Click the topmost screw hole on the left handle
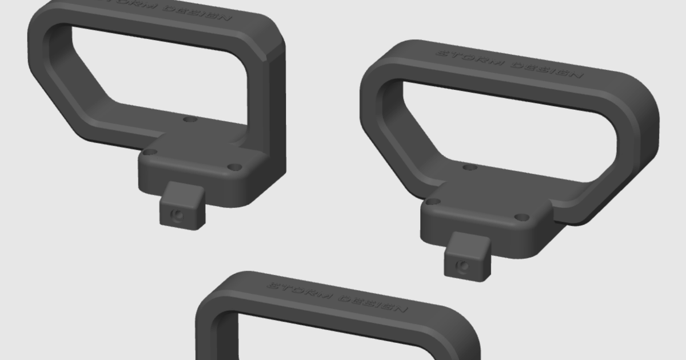pos(191,119)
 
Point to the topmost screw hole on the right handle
pos(470,167)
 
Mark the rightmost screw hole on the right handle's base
pos(521,217)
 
